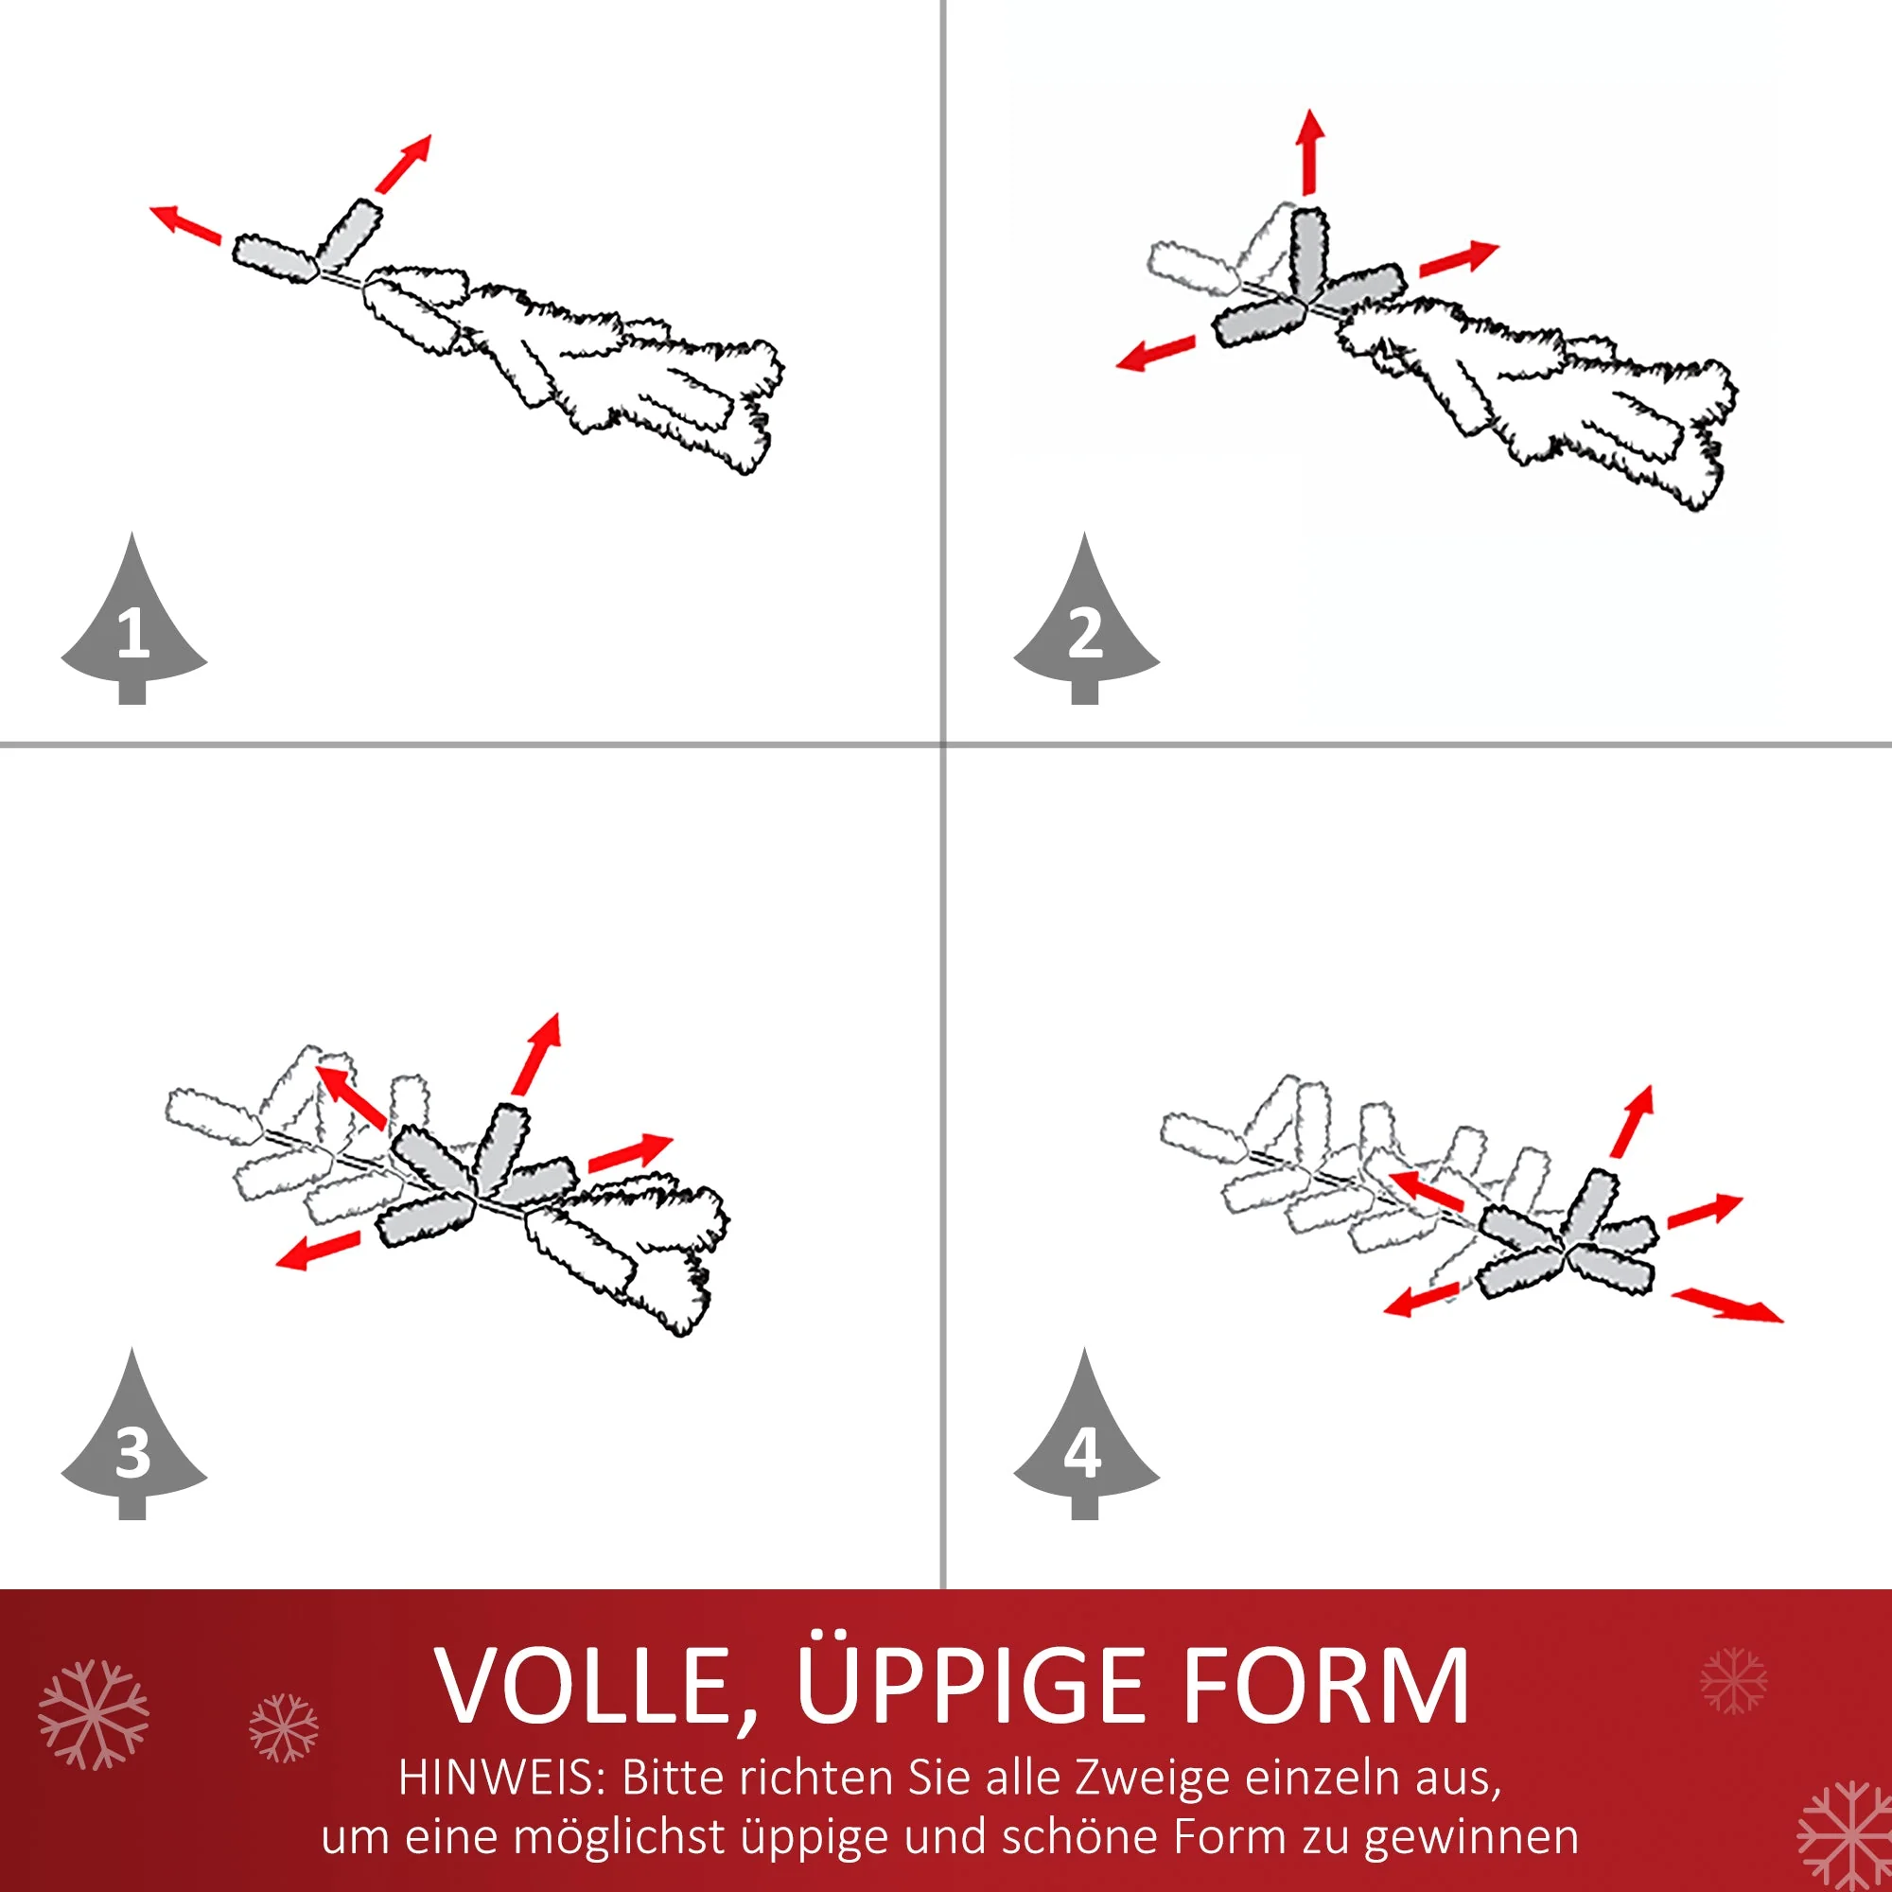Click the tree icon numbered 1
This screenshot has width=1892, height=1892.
click(134, 622)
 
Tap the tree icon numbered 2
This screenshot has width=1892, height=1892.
click(1086, 622)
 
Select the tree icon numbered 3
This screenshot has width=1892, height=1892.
click(134, 1437)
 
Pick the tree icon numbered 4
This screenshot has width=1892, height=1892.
click(1086, 1437)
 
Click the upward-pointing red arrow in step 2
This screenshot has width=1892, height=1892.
click(1311, 151)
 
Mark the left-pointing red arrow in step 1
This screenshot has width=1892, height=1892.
click(186, 224)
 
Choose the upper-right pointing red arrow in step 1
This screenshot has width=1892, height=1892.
click(404, 164)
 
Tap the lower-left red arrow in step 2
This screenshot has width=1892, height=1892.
click(1156, 353)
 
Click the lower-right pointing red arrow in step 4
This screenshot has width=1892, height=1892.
click(1727, 1305)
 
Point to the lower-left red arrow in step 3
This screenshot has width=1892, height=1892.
click(318, 1250)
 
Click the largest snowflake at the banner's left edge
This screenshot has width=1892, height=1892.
click(94, 1715)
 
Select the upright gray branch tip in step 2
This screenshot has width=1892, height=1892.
click(1308, 253)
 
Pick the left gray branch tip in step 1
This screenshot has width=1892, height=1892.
click(275, 258)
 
